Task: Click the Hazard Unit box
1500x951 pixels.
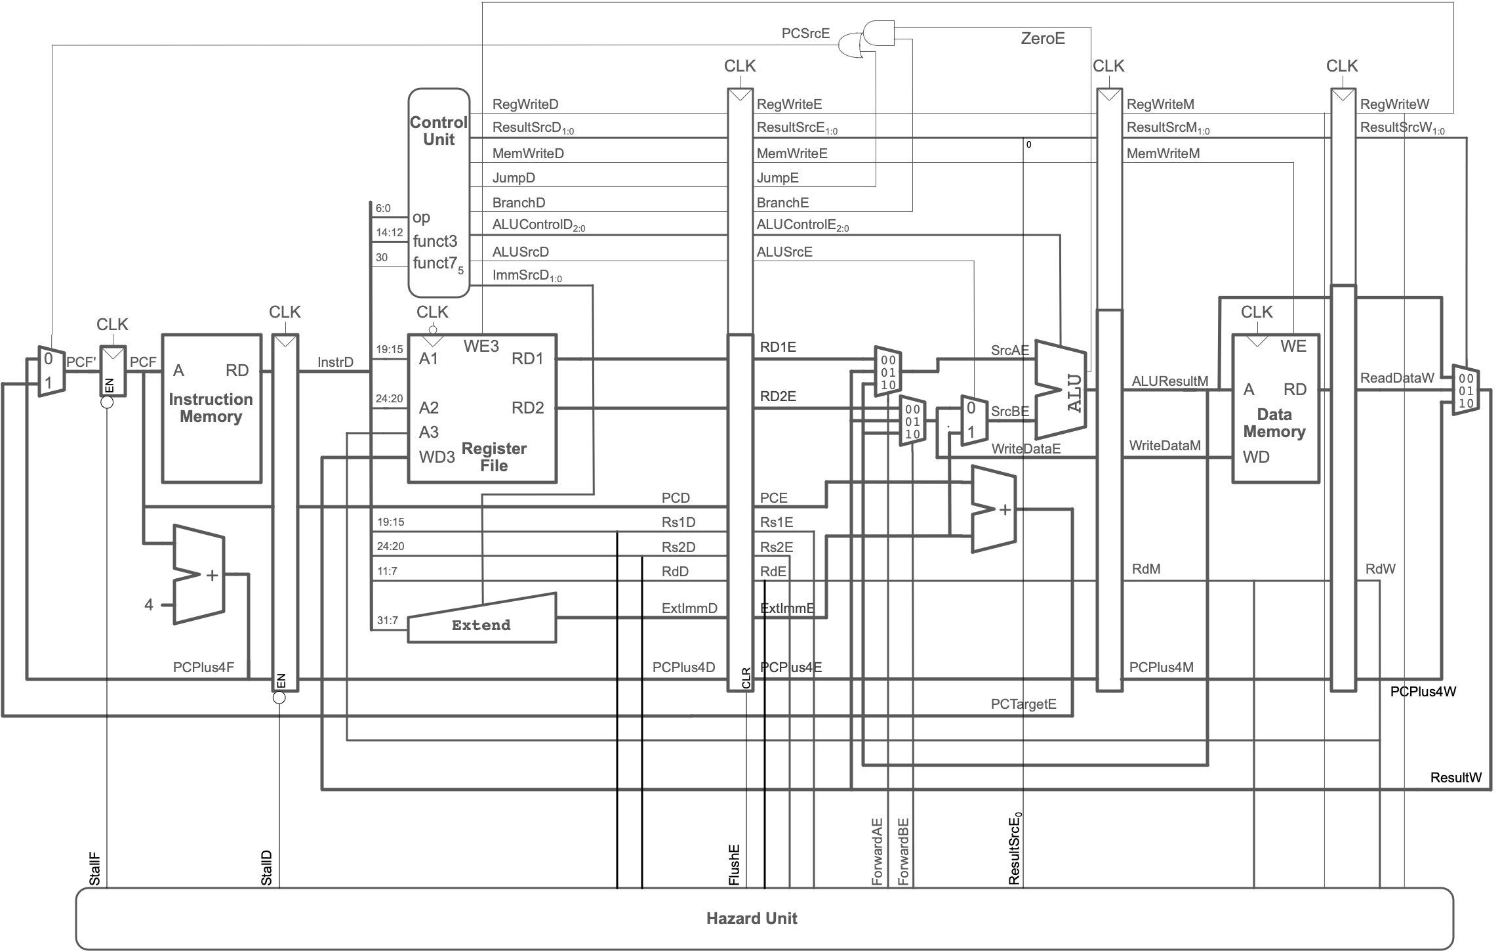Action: [751, 918]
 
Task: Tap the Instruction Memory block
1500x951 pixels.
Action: [211, 408]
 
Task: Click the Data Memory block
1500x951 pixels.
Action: [1274, 408]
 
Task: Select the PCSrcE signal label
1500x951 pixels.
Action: [805, 33]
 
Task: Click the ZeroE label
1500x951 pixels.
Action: [1042, 39]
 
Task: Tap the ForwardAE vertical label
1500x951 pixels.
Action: [877, 851]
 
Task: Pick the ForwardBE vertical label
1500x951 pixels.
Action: [903, 851]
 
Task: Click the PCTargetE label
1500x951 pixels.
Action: [1023, 705]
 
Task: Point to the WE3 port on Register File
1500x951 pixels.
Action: [481, 347]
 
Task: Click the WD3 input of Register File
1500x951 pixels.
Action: [436, 457]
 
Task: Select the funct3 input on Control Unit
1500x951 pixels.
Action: [434, 241]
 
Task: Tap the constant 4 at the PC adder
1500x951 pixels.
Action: [149, 604]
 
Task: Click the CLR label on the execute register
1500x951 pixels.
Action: [746, 678]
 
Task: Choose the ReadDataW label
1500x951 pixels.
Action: [1396, 377]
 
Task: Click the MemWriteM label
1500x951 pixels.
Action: [1162, 153]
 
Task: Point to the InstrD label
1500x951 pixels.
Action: [335, 362]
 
